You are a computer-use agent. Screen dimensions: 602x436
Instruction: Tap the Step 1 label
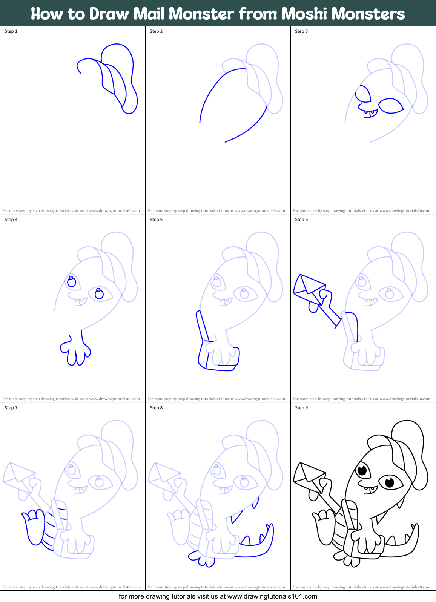click(11, 31)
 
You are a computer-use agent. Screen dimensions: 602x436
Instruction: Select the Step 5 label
click(156, 220)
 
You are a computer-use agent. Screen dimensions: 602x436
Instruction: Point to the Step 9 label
click(301, 408)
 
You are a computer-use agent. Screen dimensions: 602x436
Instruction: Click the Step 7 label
click(11, 408)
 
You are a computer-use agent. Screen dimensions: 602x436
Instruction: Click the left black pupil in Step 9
click(362, 470)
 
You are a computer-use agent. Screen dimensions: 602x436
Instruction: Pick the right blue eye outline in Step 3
click(391, 106)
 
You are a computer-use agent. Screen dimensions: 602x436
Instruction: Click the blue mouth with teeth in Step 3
click(368, 112)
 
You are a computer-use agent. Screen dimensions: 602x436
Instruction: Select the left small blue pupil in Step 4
click(71, 281)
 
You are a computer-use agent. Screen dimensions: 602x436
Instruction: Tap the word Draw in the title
click(109, 14)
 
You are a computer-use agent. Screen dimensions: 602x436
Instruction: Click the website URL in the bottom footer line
click(272, 596)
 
